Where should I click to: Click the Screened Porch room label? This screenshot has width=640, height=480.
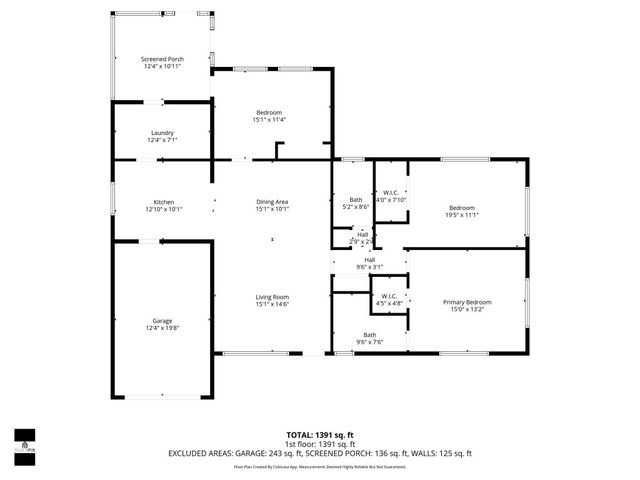(x=162, y=59)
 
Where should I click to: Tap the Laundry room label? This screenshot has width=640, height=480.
(x=163, y=132)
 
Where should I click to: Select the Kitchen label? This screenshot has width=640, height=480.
(x=164, y=202)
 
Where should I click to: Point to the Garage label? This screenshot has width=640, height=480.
(x=163, y=319)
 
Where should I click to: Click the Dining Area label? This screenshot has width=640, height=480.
(x=272, y=202)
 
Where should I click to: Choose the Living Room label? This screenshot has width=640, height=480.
(x=272, y=296)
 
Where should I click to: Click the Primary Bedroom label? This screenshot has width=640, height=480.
(x=467, y=301)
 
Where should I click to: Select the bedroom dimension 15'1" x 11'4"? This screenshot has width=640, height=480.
(x=269, y=120)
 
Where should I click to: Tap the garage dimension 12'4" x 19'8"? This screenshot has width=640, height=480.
(x=163, y=327)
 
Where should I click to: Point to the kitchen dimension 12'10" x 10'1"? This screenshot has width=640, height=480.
(x=164, y=210)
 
